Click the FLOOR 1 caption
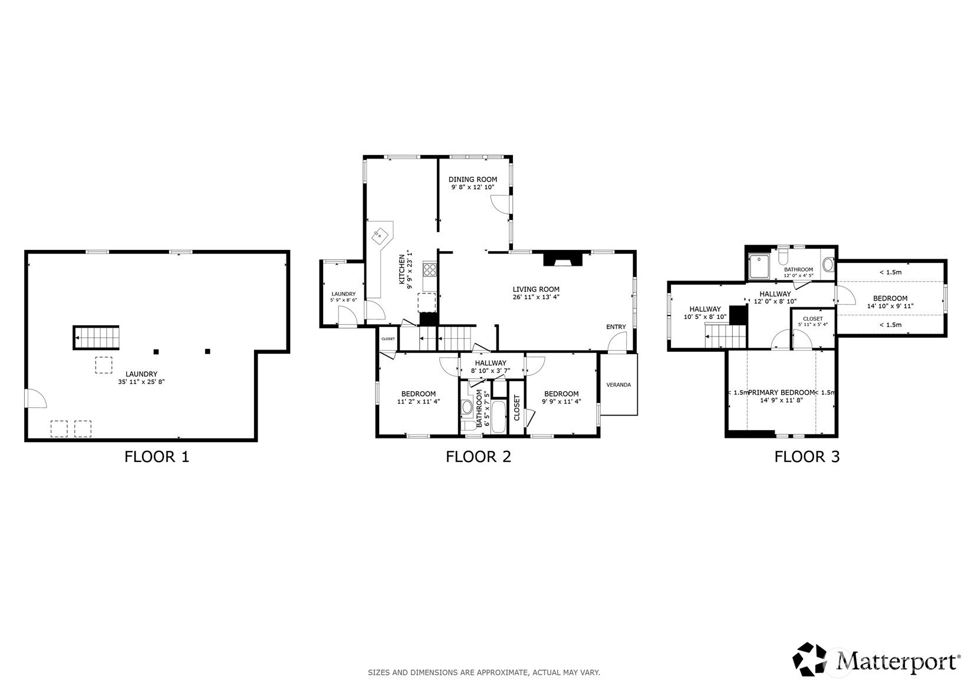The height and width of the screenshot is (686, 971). tap(157, 457)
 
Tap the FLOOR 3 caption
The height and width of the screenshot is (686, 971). tap(807, 457)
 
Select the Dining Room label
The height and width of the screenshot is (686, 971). tap(472, 179)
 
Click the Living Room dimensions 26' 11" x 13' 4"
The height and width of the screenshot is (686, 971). tap(536, 297)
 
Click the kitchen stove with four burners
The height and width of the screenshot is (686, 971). tap(430, 270)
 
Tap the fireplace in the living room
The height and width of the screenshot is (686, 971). tap(562, 259)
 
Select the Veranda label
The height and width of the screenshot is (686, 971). tap(618, 385)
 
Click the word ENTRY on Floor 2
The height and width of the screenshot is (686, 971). tap(616, 326)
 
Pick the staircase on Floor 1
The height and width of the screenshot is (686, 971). tap(96, 338)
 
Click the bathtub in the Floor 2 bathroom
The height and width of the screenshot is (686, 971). tap(499, 417)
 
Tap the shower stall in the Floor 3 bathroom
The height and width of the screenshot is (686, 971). tap(759, 266)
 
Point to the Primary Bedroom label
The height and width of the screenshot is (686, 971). tap(781, 393)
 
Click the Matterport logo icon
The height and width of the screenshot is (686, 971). tap(809, 659)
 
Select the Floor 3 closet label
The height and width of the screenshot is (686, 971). tap(813, 318)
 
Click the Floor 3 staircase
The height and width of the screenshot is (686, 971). tap(726, 337)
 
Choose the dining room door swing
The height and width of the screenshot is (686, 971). tap(501, 204)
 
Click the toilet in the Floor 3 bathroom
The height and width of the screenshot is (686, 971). tap(783, 256)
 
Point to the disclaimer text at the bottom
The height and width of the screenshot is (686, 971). tap(484, 672)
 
